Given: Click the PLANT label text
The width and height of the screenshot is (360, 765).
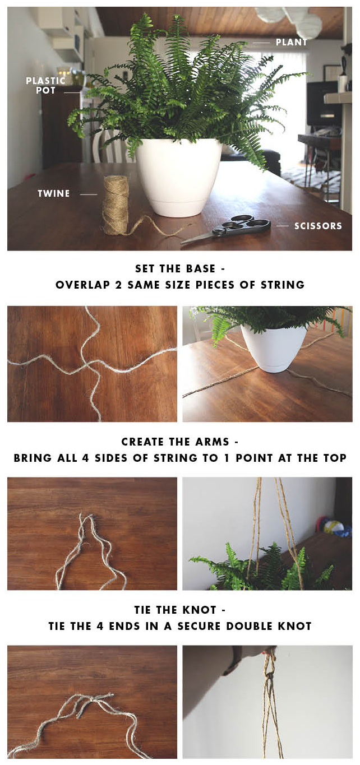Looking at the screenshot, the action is (x=292, y=43).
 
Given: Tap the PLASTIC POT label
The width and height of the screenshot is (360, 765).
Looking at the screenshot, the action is (x=45, y=85).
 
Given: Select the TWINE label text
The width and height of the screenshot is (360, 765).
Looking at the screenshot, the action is (x=54, y=194).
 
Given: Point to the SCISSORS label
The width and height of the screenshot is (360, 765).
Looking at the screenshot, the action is (x=318, y=226).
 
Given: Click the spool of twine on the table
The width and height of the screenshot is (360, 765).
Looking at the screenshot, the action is (x=116, y=205).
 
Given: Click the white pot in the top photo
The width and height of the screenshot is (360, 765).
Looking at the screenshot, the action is (x=179, y=177).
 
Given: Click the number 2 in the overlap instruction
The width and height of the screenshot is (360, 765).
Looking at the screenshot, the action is (x=118, y=285).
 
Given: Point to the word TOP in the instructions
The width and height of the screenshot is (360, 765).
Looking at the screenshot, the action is (x=335, y=458).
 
